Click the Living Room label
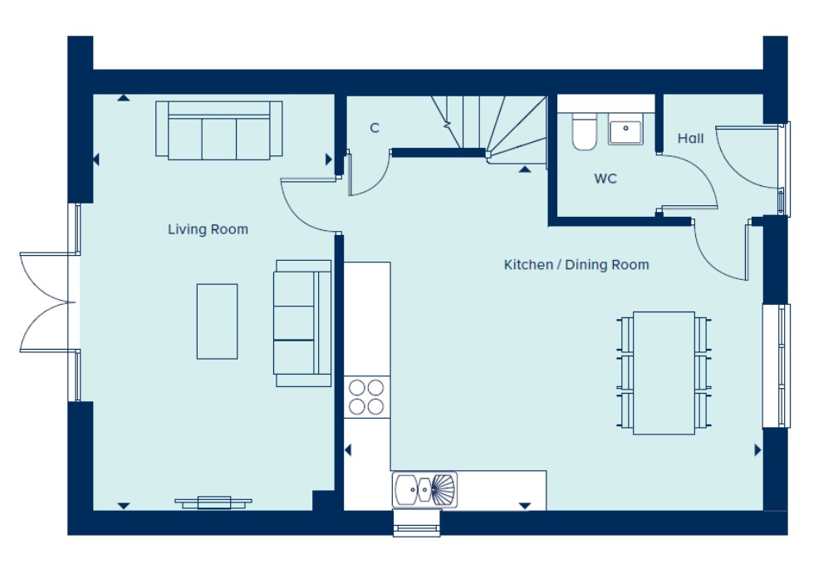coord(208,229)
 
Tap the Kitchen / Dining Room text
coord(576,264)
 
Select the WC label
coord(605,179)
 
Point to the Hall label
coord(690,139)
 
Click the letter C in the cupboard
coord(375,128)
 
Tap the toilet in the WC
coord(584,131)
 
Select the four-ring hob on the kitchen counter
coord(366,397)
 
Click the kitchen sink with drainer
coord(425,489)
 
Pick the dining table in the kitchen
coord(664,373)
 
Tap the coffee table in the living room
coord(217,321)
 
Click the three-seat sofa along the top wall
coord(219,130)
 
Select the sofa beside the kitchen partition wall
coord(302,323)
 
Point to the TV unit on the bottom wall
coord(213,503)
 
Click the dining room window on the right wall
coord(776,366)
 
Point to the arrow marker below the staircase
coord(525,169)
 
